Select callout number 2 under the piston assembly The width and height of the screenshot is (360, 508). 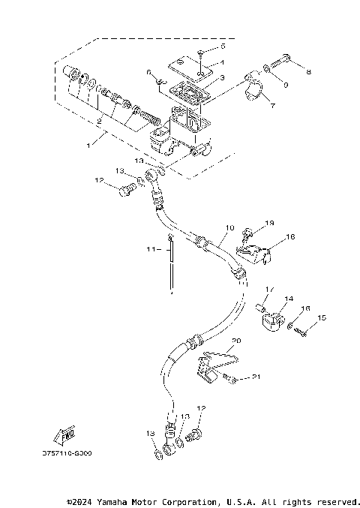point(100,120)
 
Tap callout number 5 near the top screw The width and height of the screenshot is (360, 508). point(223,47)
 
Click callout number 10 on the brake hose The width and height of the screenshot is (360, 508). point(230,227)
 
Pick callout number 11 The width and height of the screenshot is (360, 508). point(150,248)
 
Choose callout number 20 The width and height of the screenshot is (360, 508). point(238,340)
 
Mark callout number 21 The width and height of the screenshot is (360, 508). point(256,377)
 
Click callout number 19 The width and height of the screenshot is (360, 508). point(271,223)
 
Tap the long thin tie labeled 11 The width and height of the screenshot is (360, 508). point(172,266)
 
